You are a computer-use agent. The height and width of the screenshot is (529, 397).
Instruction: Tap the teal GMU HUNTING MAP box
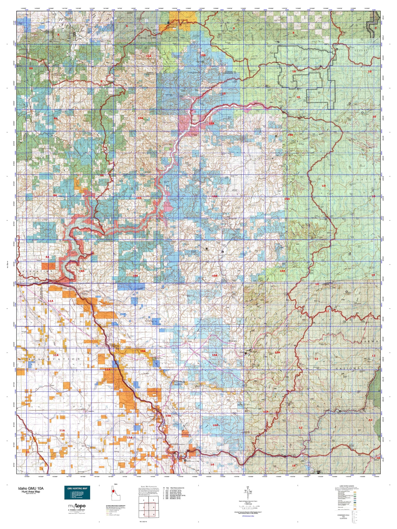[77, 493]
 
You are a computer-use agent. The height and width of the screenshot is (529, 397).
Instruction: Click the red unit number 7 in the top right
[375, 28]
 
